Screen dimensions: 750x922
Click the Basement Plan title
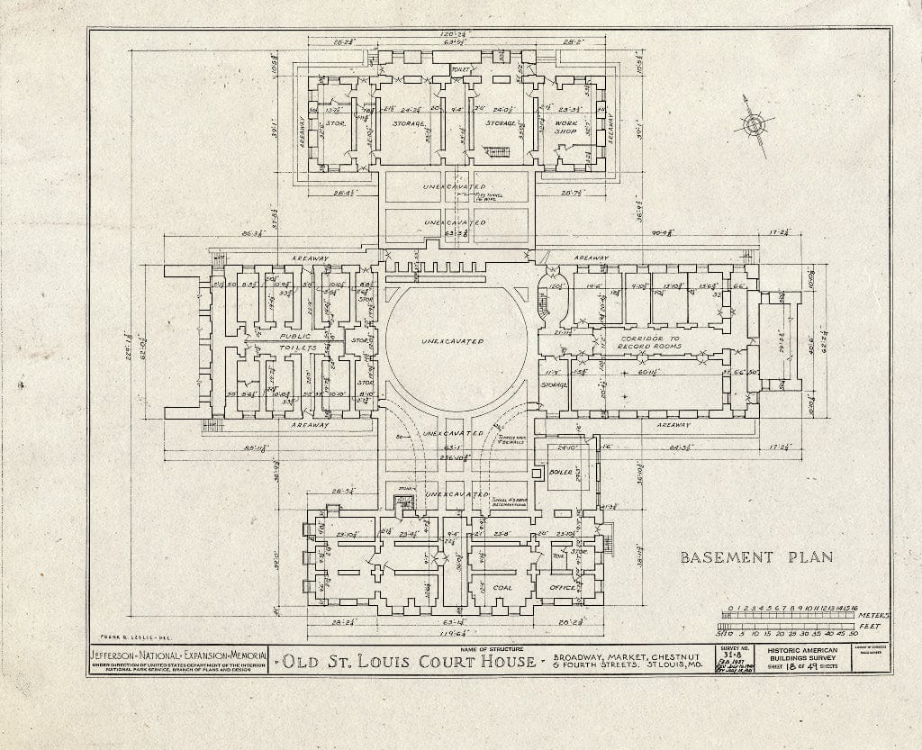click(755, 556)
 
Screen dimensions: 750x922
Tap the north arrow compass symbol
click(751, 125)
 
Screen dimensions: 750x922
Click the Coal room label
click(502, 587)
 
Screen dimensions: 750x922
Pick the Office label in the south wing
click(563, 587)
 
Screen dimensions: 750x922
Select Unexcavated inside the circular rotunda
click(452, 341)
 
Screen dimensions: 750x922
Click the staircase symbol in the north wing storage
click(497, 151)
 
